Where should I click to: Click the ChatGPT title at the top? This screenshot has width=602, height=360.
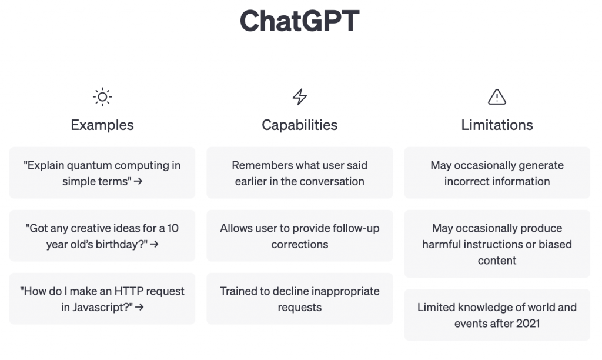pos(299,21)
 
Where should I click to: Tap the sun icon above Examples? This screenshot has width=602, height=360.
pos(102,97)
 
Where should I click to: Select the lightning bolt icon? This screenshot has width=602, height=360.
pos(300,97)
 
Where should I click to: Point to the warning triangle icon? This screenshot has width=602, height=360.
pos(497,97)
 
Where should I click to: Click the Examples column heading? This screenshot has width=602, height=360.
pos(102,125)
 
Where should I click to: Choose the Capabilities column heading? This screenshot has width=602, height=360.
pos(299,125)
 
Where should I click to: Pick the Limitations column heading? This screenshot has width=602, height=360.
pos(497,125)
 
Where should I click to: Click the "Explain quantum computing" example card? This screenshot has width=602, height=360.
pos(102,172)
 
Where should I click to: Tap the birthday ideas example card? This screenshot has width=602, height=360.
pos(102,235)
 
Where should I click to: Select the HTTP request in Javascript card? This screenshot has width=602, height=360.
pos(102,298)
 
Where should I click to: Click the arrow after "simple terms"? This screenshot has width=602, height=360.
pos(138,181)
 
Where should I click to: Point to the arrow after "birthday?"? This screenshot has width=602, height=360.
pos(155,244)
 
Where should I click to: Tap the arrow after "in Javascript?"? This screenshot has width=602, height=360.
pos(140,307)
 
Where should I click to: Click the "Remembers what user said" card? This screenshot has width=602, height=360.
pos(299,172)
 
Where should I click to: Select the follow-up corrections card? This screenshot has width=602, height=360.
pos(299,235)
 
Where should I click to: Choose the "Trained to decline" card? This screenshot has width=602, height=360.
pos(299,298)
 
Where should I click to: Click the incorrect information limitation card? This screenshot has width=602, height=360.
pos(497,172)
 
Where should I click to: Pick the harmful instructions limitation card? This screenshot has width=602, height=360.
pos(497,244)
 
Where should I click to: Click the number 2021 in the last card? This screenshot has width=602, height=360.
pos(528,324)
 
